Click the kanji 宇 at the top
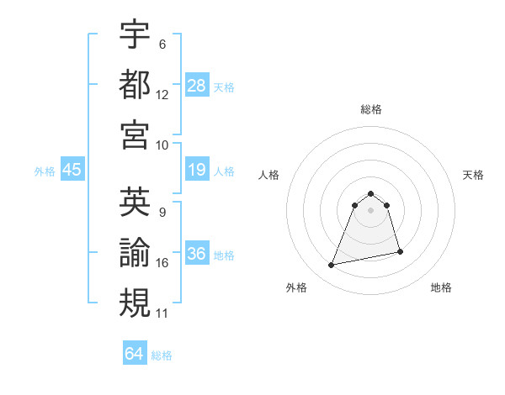tap(135, 34)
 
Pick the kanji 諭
tap(135, 251)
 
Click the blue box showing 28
tap(197, 85)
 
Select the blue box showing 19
tap(197, 171)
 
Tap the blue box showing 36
tap(197, 254)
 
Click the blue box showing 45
tap(72, 171)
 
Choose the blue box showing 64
tap(135, 354)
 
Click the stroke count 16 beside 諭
tap(162, 263)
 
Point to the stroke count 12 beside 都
tap(162, 95)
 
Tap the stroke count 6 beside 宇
tap(162, 45)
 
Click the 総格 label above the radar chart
tap(371, 109)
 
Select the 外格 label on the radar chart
tap(296, 287)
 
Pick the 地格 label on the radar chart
tap(441, 287)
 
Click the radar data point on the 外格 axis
tap(332, 266)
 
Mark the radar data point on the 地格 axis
tap(400, 251)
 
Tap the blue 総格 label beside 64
tap(162, 355)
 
